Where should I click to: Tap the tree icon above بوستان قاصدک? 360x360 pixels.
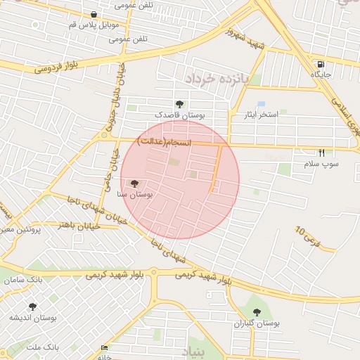coord(179,104)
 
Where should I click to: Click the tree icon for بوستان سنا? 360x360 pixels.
coord(135,184)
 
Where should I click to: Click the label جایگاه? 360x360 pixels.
coord(321,74)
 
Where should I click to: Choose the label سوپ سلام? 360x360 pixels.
coord(321,163)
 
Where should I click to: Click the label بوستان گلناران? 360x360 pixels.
coord(257,323)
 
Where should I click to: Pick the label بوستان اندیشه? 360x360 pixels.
coord(32,318)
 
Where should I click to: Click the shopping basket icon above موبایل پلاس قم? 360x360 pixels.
coord(94,14)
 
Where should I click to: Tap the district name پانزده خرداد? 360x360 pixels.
coord(218,78)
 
